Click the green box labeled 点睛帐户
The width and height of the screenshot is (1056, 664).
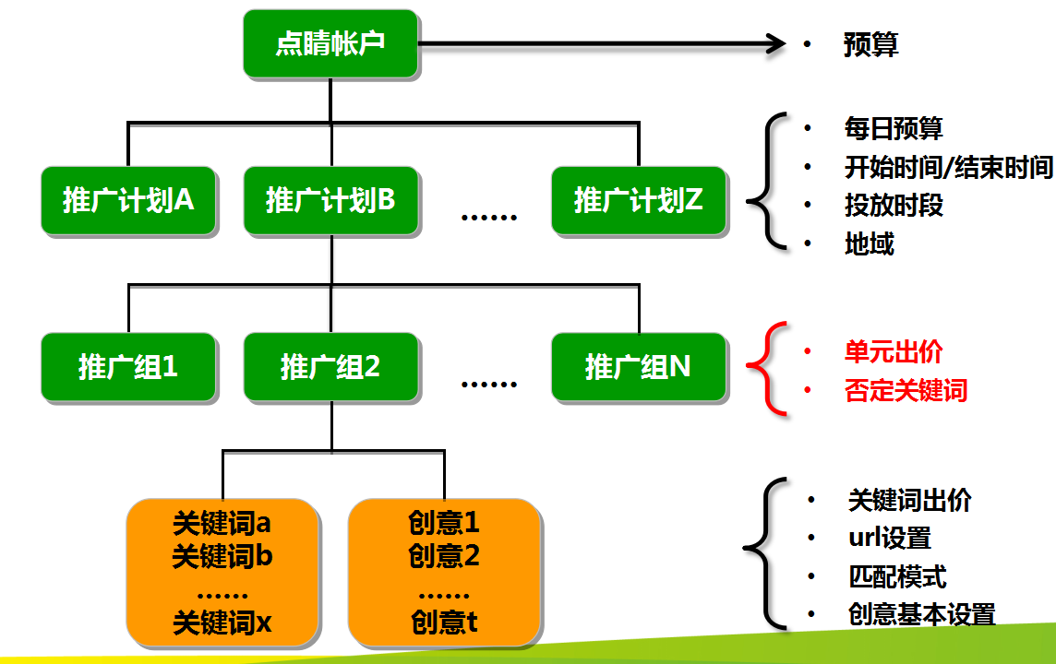[330, 43]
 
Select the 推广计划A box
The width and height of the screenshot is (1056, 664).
[128, 200]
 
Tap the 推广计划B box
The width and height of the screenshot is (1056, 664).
[330, 200]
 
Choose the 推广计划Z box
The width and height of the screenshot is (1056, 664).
[639, 200]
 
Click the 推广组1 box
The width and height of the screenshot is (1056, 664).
[128, 367]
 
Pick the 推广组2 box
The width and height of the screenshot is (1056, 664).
[330, 367]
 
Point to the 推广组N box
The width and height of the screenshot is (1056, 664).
[639, 367]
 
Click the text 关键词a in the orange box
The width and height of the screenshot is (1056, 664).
[222, 524]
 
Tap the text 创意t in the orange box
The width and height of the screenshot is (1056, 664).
[444, 622]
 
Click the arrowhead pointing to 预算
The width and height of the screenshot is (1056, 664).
[774, 42]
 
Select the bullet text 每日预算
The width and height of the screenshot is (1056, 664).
[893, 129]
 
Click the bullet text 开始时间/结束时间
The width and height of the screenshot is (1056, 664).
[948, 168]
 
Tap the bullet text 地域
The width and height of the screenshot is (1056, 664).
[869, 243]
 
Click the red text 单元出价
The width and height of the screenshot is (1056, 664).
[893, 351]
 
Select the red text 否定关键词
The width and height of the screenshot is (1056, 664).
[905, 390]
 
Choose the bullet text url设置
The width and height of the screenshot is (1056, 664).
[889, 538]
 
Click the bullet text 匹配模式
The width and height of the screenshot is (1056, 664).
[896, 577]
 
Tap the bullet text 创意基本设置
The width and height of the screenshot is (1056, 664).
[921, 614]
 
